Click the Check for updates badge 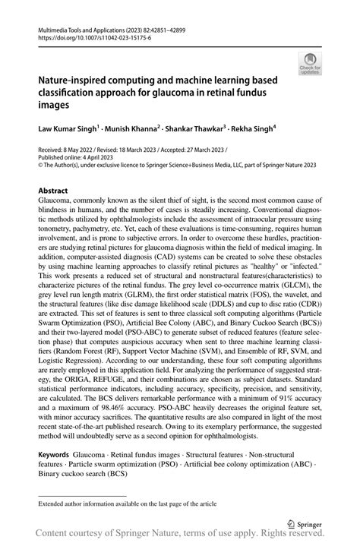click(x=310, y=64)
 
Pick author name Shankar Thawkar click(x=196, y=130)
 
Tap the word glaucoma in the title click(x=223, y=93)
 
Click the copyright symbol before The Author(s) click(x=41, y=168)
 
